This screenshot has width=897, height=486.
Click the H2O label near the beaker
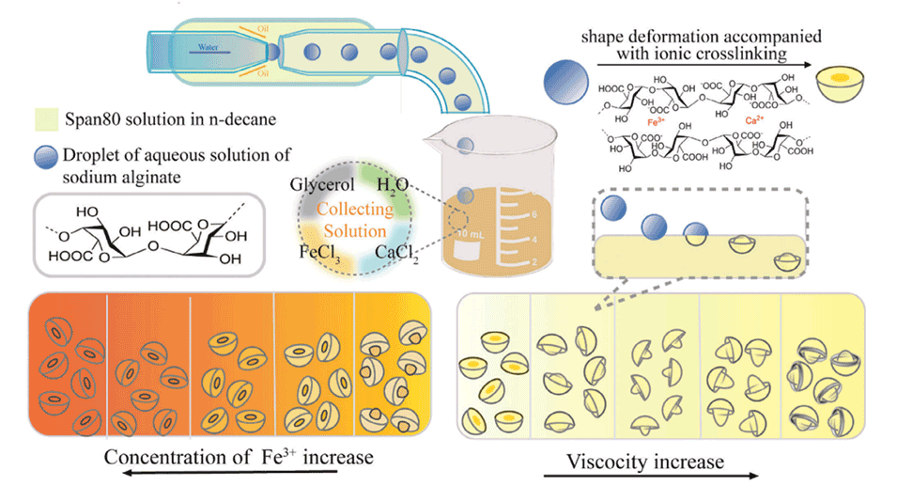(x=393, y=185)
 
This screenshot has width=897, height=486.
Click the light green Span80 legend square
(x=43, y=120)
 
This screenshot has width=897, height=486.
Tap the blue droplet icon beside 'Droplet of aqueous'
(x=44, y=156)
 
